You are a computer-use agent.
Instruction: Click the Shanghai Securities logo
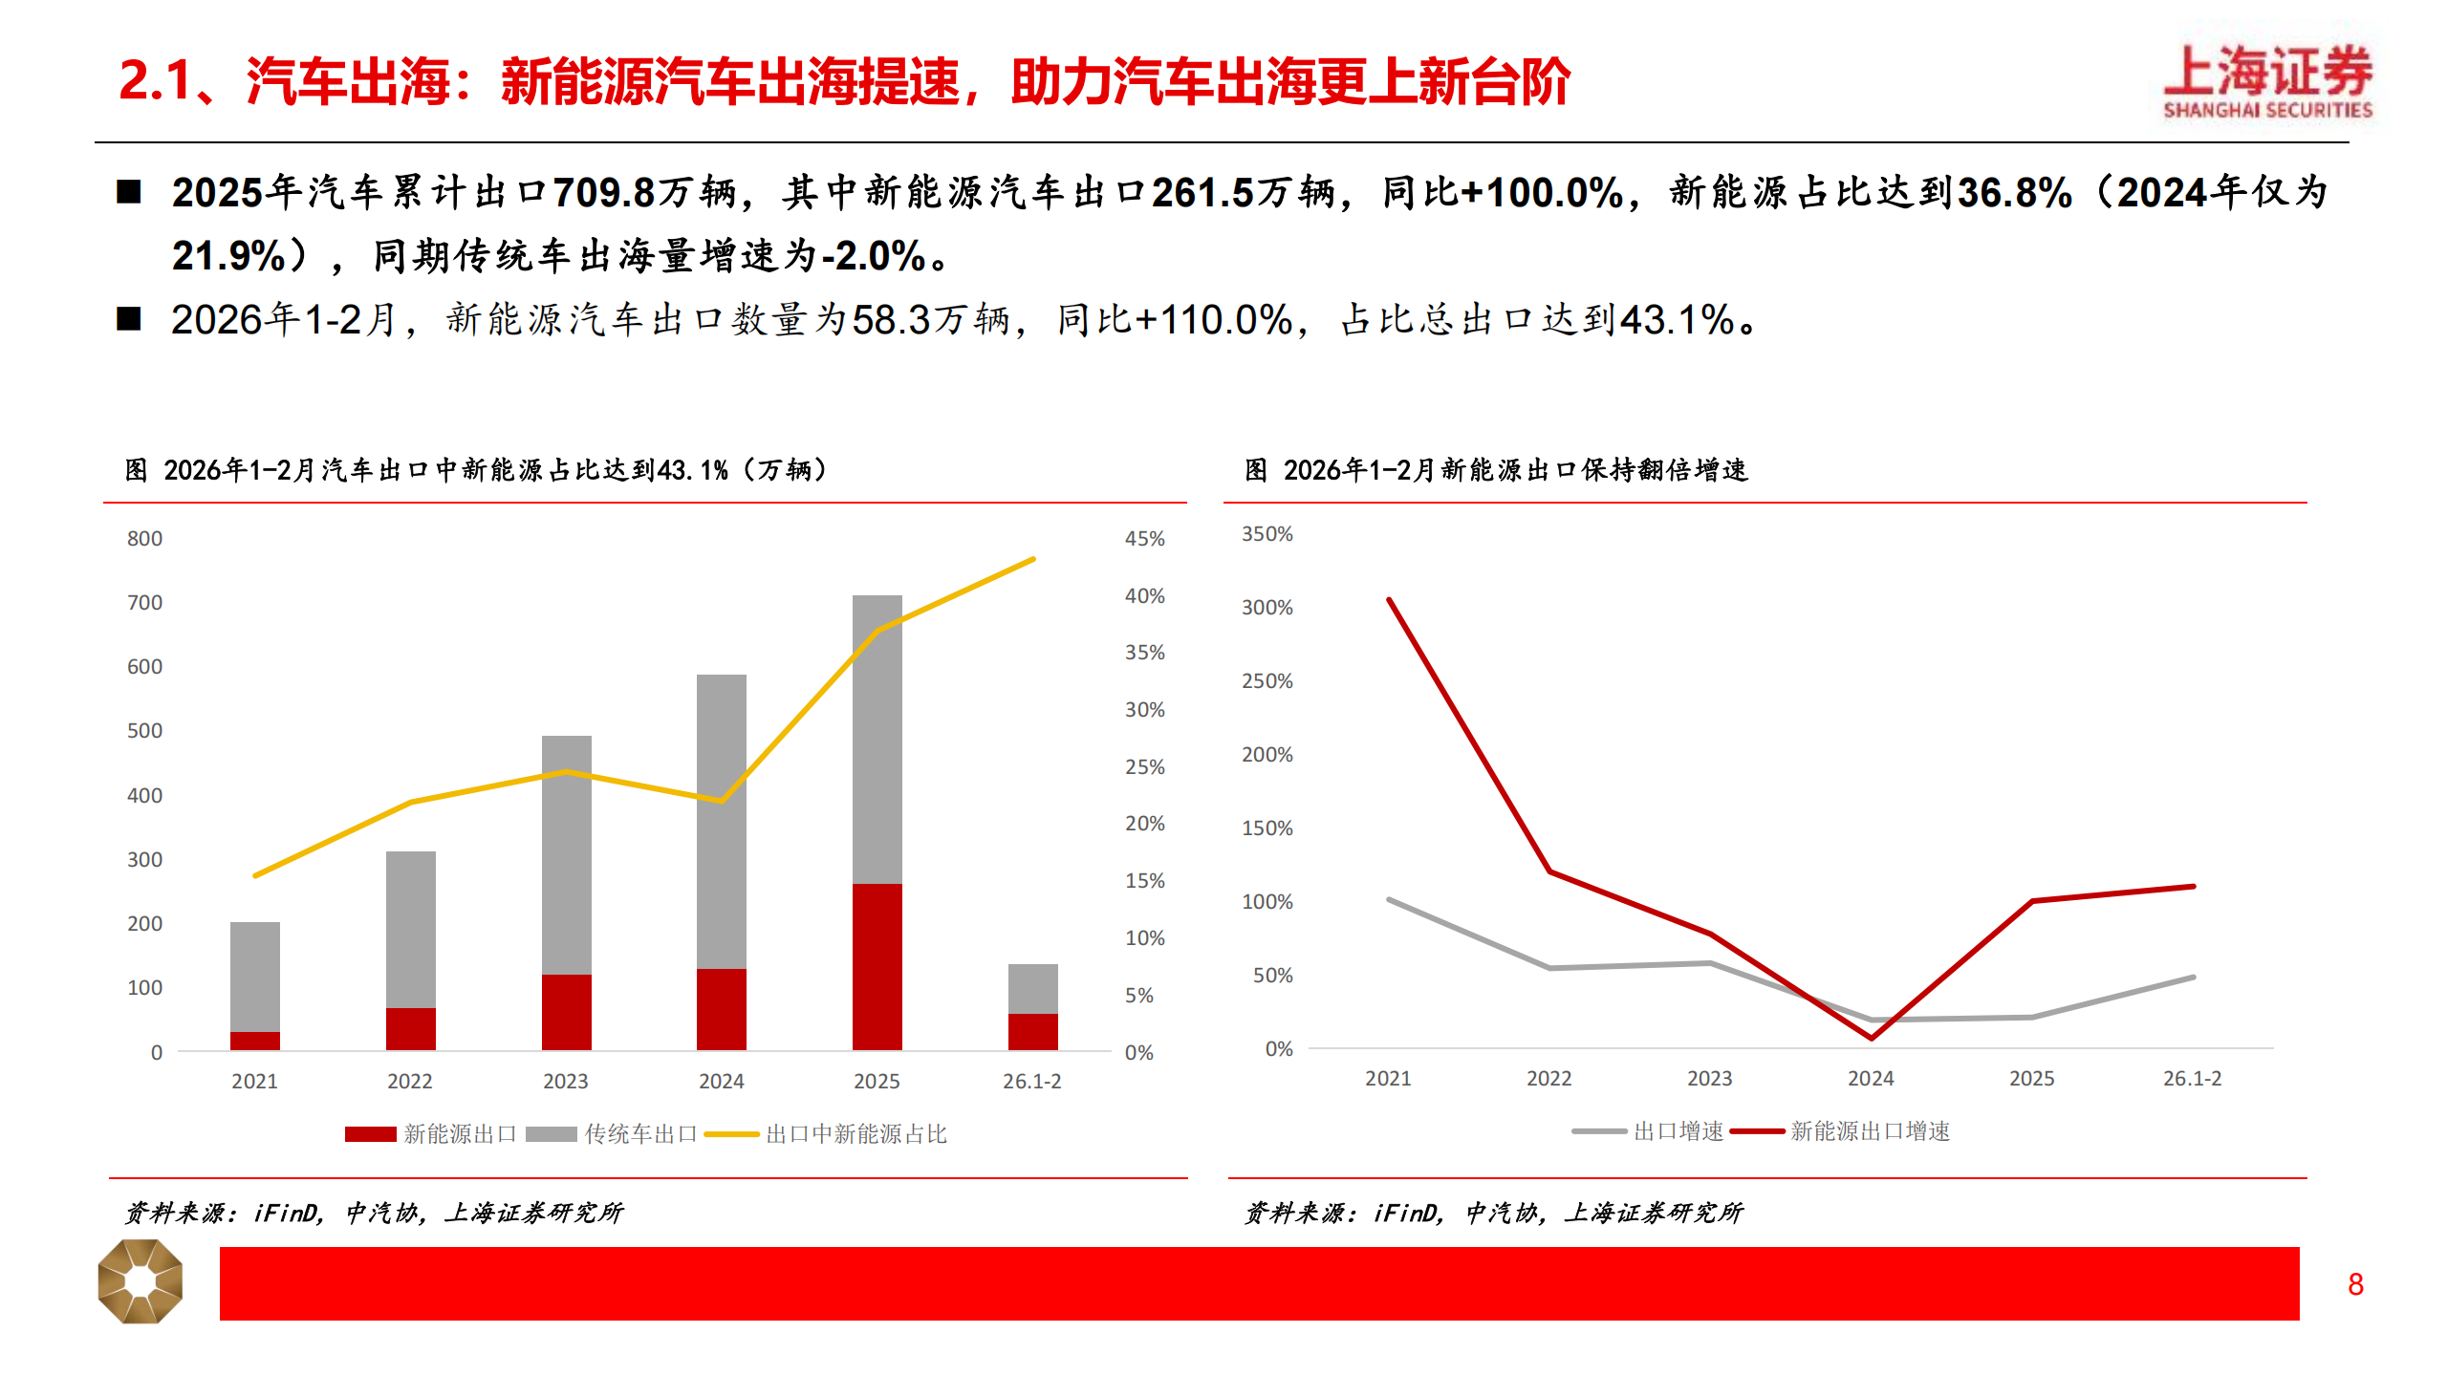click(2267, 82)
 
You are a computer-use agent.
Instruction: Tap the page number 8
click(2355, 1284)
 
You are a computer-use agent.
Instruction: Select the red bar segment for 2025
click(877, 966)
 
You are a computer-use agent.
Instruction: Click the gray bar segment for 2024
click(721, 822)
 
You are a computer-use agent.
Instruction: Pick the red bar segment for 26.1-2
click(1032, 1032)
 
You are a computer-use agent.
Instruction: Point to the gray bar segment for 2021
click(255, 977)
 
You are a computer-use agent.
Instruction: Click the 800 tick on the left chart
click(144, 539)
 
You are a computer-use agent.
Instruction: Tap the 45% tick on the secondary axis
click(1144, 539)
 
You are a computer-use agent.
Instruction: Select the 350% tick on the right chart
click(1267, 534)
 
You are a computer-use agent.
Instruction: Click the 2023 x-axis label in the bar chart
click(565, 1082)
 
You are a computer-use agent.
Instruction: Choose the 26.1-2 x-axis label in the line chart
click(2192, 1079)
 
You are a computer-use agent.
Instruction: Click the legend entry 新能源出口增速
click(1869, 1131)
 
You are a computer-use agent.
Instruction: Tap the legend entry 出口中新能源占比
click(855, 1134)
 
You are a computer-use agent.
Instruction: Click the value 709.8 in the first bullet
click(604, 193)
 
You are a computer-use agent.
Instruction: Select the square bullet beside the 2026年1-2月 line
click(129, 319)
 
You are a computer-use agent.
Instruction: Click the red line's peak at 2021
click(1389, 600)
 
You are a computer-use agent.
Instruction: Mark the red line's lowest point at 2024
click(1871, 1038)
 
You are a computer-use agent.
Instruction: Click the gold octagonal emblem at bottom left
click(141, 1281)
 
